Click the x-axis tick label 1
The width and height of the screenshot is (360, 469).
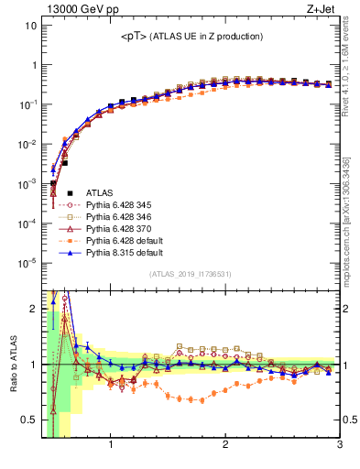click(x=111, y=448)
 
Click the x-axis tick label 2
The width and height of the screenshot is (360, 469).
click(x=225, y=448)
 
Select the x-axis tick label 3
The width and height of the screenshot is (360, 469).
click(x=339, y=448)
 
